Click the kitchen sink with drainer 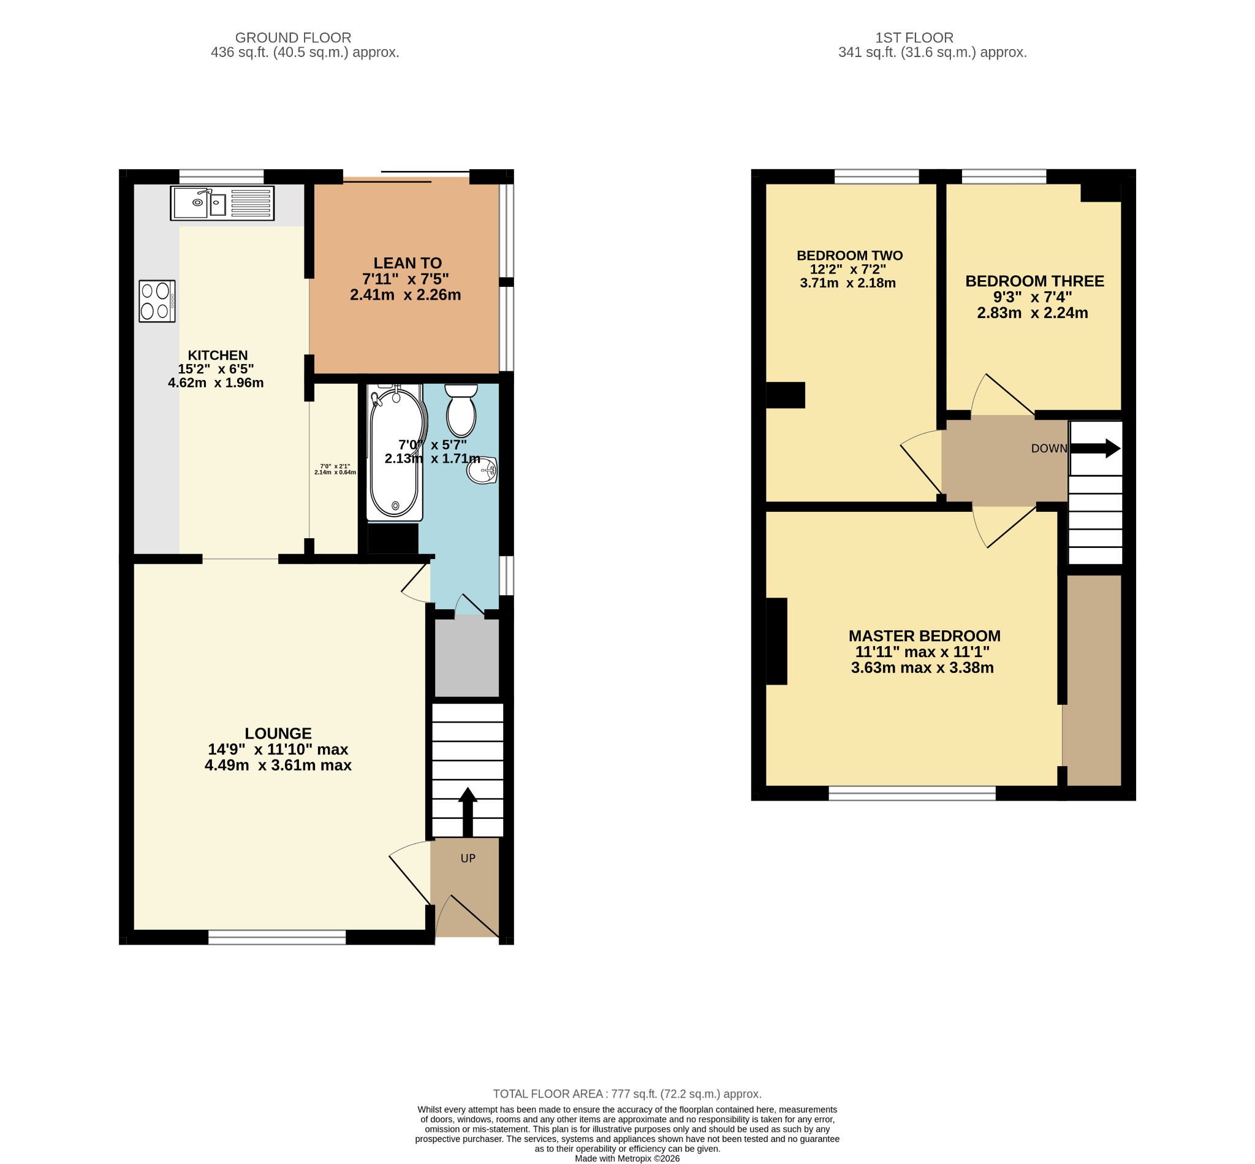[222, 203]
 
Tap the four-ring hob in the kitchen [157, 301]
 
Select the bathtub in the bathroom [395, 452]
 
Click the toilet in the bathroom [461, 410]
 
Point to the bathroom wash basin [482, 470]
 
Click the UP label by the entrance [468, 859]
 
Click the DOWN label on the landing [1049, 449]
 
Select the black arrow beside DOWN [1096, 449]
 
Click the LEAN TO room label [408, 263]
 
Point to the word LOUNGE [278, 733]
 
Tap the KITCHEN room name [218, 356]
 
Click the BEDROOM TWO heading [849, 255]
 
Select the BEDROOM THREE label [1034, 281]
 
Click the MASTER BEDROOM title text [925, 636]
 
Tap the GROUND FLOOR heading [293, 38]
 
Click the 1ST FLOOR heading [914, 38]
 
